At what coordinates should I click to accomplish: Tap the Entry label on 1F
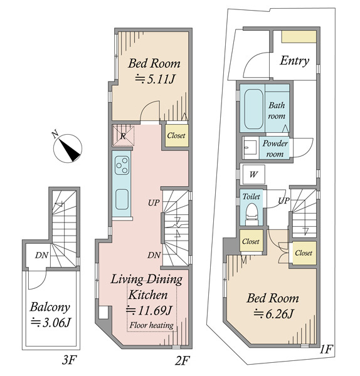click(x=294, y=61)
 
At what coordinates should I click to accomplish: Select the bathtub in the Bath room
click(x=253, y=109)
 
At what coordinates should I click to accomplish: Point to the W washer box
click(x=253, y=174)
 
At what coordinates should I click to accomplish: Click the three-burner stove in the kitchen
click(x=122, y=165)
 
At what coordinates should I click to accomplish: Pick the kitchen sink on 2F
click(x=122, y=199)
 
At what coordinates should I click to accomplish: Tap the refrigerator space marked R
click(x=124, y=136)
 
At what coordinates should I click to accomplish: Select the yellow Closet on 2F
click(x=177, y=135)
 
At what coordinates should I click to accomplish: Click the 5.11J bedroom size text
click(x=155, y=79)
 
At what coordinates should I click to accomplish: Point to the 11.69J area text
click(x=149, y=311)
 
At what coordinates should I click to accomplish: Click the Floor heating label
click(x=151, y=325)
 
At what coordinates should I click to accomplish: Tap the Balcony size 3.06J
click(x=51, y=323)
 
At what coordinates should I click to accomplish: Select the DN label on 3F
click(x=42, y=255)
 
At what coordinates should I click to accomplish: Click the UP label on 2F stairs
click(x=154, y=203)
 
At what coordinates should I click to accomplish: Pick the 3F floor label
click(x=69, y=360)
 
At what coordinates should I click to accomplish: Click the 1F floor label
click(x=326, y=350)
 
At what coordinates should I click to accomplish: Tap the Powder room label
click(x=275, y=149)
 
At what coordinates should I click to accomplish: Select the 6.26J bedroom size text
click(x=273, y=314)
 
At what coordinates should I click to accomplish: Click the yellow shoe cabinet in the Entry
click(x=299, y=37)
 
